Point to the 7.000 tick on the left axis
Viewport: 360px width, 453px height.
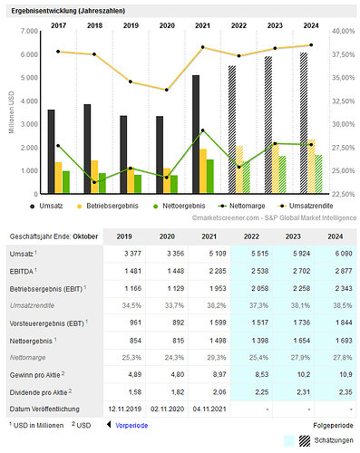27,31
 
